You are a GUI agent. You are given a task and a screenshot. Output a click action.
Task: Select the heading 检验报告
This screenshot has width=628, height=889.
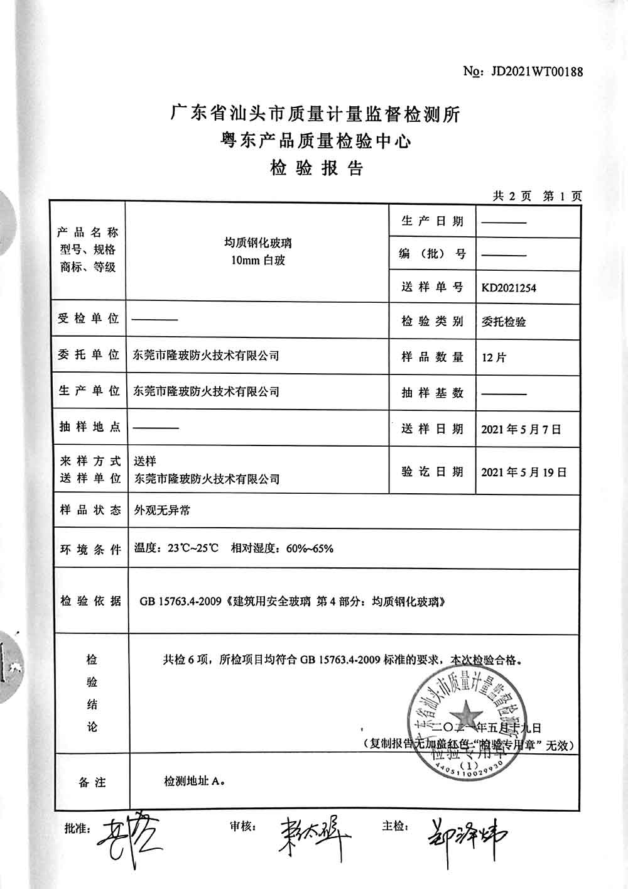[x=317, y=168]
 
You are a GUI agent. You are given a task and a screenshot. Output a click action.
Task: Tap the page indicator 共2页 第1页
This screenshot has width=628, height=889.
[x=538, y=196]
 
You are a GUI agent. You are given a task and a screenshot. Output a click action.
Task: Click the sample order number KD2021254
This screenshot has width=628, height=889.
[x=509, y=288]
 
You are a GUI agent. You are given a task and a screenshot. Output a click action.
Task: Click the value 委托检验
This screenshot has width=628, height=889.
[x=504, y=322]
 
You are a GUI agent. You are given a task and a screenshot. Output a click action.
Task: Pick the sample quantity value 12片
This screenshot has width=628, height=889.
[x=494, y=357]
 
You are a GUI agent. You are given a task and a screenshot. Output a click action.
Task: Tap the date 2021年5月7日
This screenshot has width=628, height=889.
[x=521, y=430]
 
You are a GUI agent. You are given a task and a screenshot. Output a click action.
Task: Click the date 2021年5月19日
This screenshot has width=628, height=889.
[x=524, y=472]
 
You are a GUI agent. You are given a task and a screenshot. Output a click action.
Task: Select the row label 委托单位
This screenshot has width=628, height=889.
[x=89, y=355]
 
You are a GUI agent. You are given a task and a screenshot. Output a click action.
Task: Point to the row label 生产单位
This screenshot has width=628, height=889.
[x=89, y=391]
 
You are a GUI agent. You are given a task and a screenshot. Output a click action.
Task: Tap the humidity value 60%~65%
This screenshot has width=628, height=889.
[x=310, y=548]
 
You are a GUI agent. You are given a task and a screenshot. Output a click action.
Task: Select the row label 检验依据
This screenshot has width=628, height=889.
[x=90, y=601]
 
